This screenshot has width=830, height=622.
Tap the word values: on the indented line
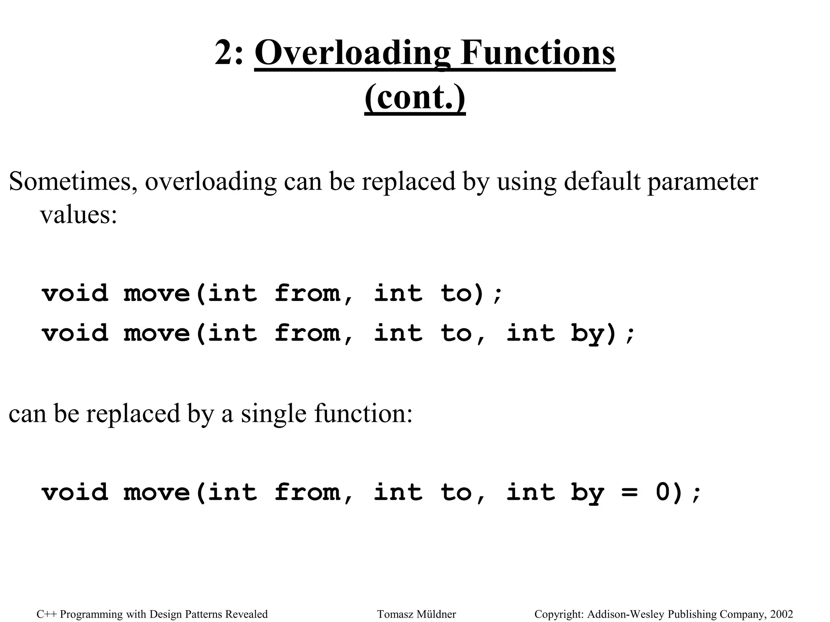(78, 214)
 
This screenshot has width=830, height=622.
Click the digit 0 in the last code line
(663, 492)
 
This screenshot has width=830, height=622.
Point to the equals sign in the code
(629, 493)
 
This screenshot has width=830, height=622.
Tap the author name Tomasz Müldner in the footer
(416, 614)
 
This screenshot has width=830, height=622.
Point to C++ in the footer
(46, 614)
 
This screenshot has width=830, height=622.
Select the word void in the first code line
(75, 293)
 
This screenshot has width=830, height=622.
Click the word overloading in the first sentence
(211, 182)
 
